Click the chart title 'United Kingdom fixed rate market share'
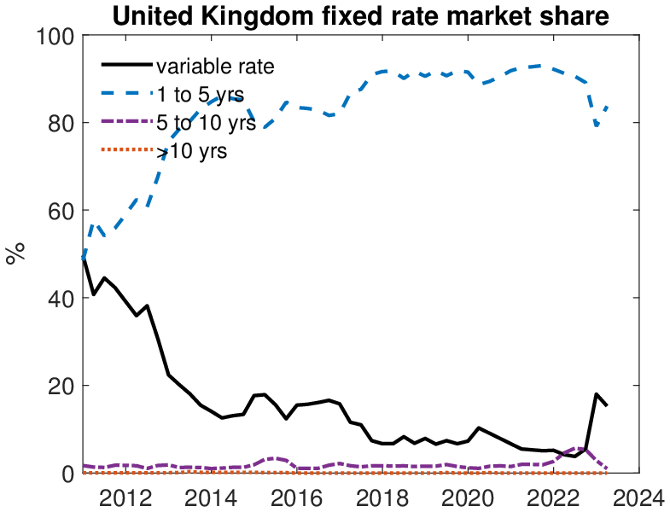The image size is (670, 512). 362,15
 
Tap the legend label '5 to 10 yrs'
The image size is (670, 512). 205,123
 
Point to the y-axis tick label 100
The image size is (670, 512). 55,36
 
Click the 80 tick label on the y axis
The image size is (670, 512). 61,123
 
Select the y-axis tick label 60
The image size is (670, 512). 61,211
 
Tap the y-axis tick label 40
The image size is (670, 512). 61,299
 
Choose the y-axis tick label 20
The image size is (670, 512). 61,386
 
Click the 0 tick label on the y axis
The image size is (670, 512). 67,474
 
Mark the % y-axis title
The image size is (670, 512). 15,253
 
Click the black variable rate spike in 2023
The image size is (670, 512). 596,394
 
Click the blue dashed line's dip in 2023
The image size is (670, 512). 597,125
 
